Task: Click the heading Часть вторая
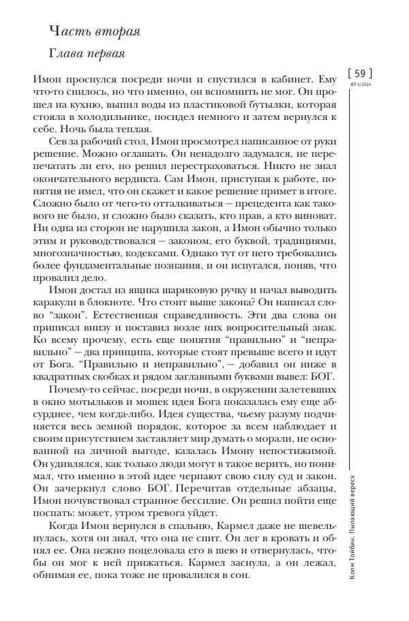click(x=94, y=31)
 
